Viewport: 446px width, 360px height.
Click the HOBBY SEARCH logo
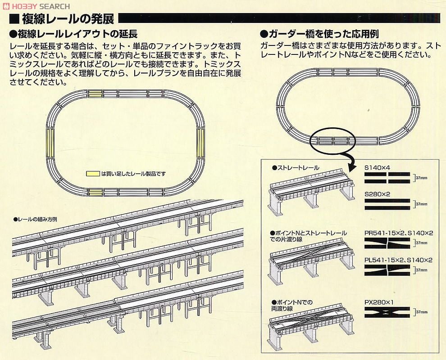click(36, 6)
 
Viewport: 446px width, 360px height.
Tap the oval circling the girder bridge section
click(333, 140)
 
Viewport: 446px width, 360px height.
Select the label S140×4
click(377, 167)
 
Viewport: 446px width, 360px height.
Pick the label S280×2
click(377, 194)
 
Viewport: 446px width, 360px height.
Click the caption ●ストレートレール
click(296, 167)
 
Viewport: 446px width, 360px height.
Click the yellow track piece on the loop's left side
click(49, 140)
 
